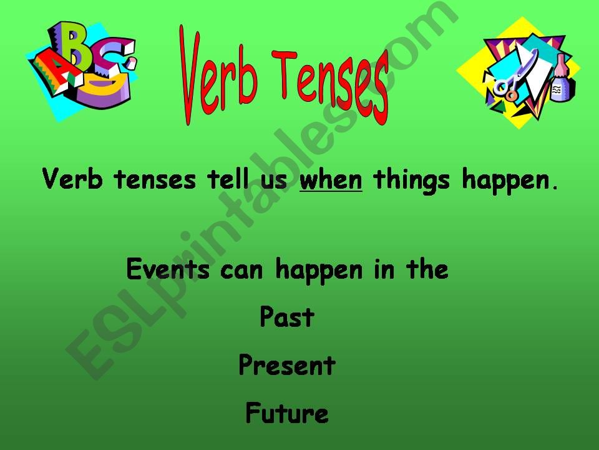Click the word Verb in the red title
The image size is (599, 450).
coord(218,72)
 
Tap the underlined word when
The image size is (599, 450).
coord(331,181)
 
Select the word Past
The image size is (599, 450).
coord(286,318)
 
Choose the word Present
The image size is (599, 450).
coord(286,366)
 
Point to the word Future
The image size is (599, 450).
coord(286,413)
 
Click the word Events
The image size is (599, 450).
coord(165,271)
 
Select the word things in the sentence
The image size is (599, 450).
coord(412,181)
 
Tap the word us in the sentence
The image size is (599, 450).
coord(275,181)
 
